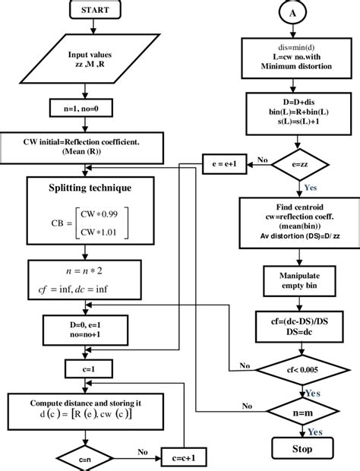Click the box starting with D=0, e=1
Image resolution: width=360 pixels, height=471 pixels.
coord(91,329)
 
